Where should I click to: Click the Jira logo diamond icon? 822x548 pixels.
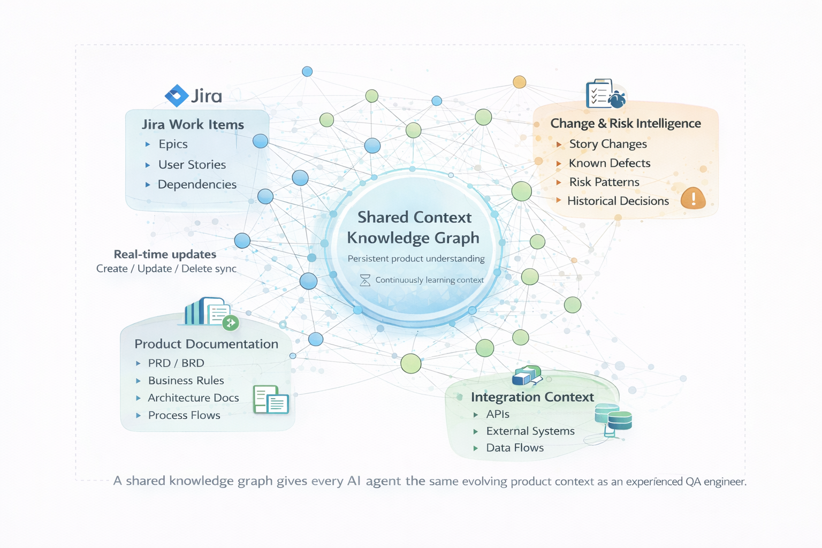[x=177, y=96]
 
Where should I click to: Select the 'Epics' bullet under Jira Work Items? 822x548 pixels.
[x=173, y=144]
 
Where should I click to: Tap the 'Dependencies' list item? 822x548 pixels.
[x=197, y=185]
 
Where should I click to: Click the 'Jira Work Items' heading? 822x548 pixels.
[x=193, y=125]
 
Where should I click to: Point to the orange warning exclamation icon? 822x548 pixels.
[x=693, y=199]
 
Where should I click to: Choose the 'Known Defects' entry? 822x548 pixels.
[x=610, y=163]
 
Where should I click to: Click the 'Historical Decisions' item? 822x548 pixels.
[x=618, y=201]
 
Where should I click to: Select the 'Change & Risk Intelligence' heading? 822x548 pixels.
[x=626, y=124]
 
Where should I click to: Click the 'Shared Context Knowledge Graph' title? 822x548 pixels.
[x=414, y=227]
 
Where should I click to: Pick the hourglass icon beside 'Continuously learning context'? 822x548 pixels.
[x=365, y=280]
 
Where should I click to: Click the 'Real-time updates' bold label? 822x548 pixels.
[x=165, y=255]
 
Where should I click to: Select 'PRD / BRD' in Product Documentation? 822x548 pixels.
[x=176, y=363]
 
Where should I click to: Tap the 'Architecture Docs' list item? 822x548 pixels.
[x=193, y=398]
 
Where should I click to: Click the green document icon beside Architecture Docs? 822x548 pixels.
[x=271, y=400]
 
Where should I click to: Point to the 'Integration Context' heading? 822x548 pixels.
[x=532, y=397]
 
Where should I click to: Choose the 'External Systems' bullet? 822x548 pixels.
[x=530, y=431]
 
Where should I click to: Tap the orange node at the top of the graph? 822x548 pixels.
[x=519, y=82]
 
